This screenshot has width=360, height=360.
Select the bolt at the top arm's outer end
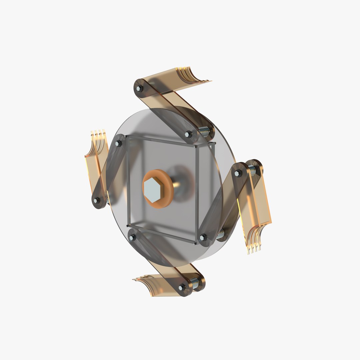coord(139,88)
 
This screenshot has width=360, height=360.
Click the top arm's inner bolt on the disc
coord(188,134)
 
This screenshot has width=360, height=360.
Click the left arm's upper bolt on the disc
coord(118,144)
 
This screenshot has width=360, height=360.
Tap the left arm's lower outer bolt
coord(97,200)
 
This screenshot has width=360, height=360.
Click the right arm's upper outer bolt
coord(237,173)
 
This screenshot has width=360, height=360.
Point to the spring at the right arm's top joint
coord(252,170)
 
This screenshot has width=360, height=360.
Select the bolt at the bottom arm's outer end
coord(182,287)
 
